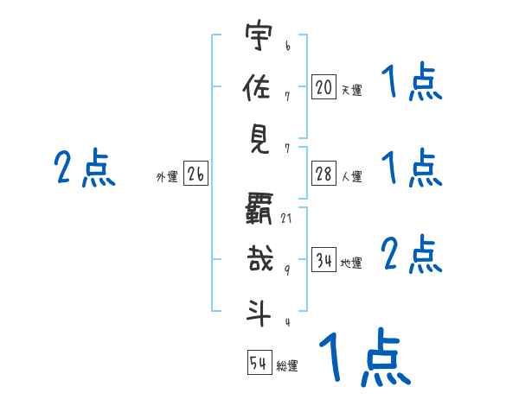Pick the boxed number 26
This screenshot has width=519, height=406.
[195, 175]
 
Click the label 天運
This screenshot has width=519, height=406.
[351, 89]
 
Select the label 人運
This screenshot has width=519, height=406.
[351, 177]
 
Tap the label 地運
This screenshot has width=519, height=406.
[351, 263]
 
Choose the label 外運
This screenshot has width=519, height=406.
[166, 178]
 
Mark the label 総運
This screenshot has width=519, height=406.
[287, 366]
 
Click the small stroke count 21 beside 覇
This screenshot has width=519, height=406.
[286, 218]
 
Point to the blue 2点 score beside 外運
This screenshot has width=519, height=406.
[84, 168]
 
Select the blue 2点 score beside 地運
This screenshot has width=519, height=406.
[412, 254]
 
